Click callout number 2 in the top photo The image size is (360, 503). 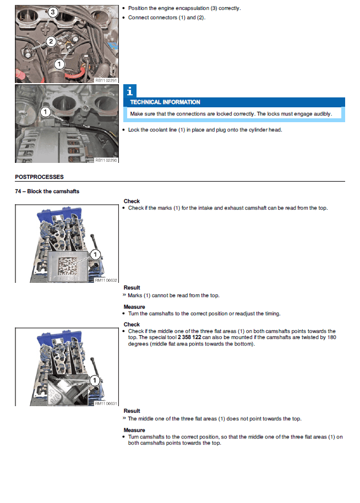click(50, 41)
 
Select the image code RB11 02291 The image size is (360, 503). click(106, 80)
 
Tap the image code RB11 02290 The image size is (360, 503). click(106, 160)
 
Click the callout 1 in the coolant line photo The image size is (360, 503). click(45, 112)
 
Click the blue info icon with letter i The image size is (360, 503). click(128, 91)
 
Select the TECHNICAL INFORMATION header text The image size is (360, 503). click(165, 102)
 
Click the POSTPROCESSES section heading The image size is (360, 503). click(39, 177)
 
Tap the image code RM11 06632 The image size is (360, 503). click(106, 280)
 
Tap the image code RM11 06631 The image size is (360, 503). click(106, 403)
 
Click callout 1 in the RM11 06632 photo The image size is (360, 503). click(95, 254)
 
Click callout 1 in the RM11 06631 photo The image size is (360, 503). click(94, 380)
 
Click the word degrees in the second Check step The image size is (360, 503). click(135, 344)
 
